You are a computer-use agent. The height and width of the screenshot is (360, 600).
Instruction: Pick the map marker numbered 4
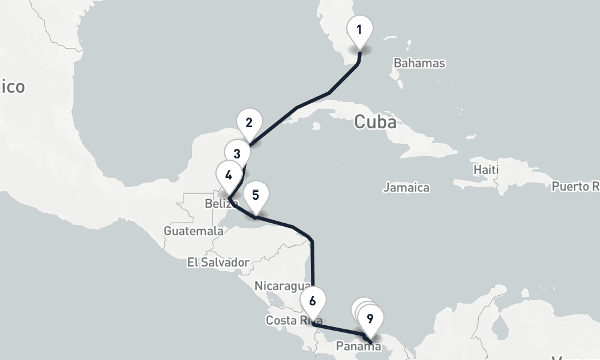coord(229,175)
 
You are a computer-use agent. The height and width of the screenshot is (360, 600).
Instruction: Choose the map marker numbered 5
coord(256,196)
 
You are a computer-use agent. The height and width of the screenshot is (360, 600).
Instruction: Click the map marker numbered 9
coord(370,319)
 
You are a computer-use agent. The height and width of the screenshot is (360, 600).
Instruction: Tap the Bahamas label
coord(419,63)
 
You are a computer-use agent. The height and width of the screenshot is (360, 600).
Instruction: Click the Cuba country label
coord(375,122)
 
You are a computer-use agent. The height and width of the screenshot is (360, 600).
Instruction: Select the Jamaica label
coord(406,188)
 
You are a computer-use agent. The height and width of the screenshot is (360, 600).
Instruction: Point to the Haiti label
coord(485,170)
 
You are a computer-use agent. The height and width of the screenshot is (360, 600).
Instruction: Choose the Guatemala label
coord(193,231)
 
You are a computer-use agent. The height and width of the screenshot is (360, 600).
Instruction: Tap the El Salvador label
coord(217,262)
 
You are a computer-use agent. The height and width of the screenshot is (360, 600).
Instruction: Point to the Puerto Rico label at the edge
coord(575,187)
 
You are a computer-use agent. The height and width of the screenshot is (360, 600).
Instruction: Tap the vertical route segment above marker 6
coord(313,264)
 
